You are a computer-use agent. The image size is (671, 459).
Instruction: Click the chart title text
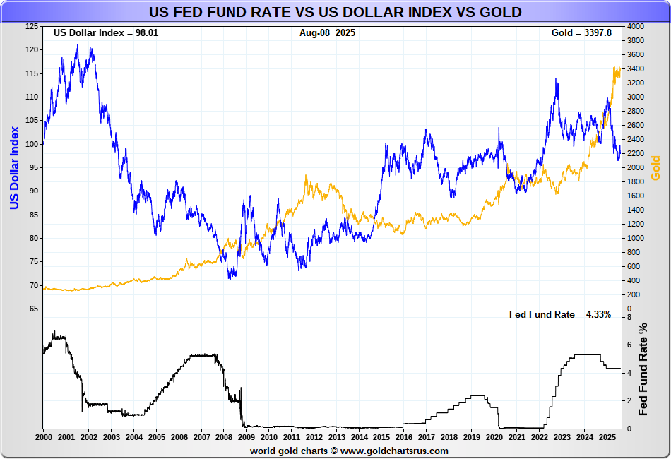[335, 13]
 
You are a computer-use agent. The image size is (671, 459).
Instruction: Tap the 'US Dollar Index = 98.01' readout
[106, 33]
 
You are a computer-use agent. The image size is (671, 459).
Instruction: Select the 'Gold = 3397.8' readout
[586, 33]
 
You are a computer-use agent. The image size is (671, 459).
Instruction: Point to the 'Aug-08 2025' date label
[327, 33]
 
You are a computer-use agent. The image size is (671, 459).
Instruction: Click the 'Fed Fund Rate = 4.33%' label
[559, 315]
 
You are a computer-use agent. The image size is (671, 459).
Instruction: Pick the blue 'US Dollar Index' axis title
[14, 168]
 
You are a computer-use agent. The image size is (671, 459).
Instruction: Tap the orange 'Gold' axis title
[655, 168]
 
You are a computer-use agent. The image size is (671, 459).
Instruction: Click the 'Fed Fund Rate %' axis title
[643, 370]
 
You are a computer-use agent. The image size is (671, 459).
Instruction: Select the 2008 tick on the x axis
[224, 437]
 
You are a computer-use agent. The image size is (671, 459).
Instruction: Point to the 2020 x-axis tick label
[495, 437]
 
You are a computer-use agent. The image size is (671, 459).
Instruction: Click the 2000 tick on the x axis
[43, 437]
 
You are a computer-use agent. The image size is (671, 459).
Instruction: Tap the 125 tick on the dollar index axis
[32, 26]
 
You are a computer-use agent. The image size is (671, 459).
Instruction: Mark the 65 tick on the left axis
[34, 309]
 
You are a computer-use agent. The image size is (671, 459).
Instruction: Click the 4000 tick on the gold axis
[635, 26]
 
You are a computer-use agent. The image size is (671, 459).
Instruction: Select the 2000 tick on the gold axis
[635, 167]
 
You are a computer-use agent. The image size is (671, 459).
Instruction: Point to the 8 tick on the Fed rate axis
[628, 317]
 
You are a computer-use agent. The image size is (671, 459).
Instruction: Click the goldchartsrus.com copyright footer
[348, 451]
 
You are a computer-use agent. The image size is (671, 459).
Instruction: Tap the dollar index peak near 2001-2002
[77, 44]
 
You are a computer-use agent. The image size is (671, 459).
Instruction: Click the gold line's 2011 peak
[306, 175]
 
